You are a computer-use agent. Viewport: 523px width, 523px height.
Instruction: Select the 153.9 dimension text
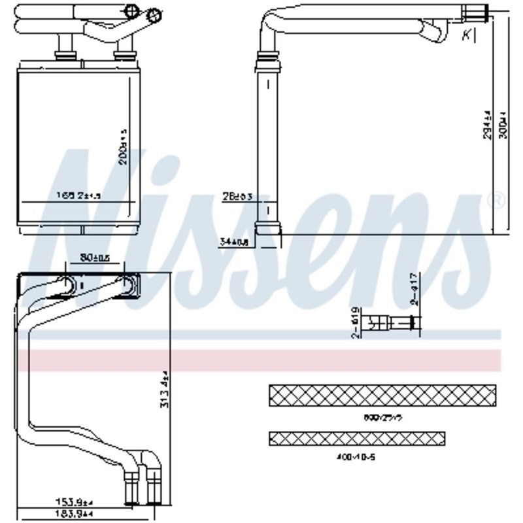coord(74,501)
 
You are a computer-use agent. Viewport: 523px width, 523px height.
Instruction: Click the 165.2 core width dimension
coord(78,195)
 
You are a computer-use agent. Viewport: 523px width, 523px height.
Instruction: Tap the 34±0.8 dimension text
coord(234,243)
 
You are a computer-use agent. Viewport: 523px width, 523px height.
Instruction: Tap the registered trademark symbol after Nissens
coord(496,200)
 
